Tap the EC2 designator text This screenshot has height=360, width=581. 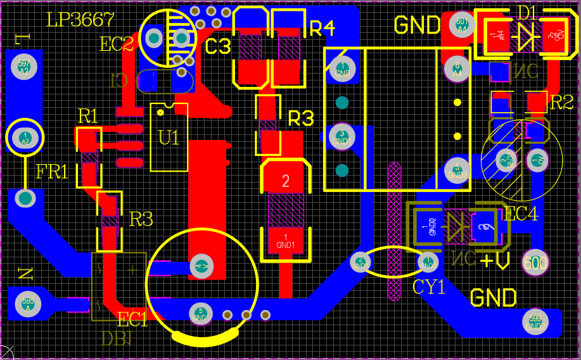pos(117,44)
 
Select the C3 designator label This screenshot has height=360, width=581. pos(219,46)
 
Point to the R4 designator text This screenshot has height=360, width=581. pos(322,28)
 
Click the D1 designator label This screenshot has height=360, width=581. pos(527,12)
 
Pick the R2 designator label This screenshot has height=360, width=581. pos(561,102)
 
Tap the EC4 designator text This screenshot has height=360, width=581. pos(521,214)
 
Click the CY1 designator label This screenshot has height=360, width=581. pos(429,287)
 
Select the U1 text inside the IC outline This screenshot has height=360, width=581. pos(169,138)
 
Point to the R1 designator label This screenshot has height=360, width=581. pos(88,116)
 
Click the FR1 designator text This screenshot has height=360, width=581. pos(52,172)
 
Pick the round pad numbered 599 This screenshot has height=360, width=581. pos(535,321)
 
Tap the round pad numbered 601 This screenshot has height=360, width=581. pos(462,25)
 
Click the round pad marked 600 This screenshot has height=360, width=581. pos(535,262)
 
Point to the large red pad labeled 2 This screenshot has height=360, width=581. pos(285,181)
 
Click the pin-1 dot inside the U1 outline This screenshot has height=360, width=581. pos(161,113)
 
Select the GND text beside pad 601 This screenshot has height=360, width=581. pos(417,25)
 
